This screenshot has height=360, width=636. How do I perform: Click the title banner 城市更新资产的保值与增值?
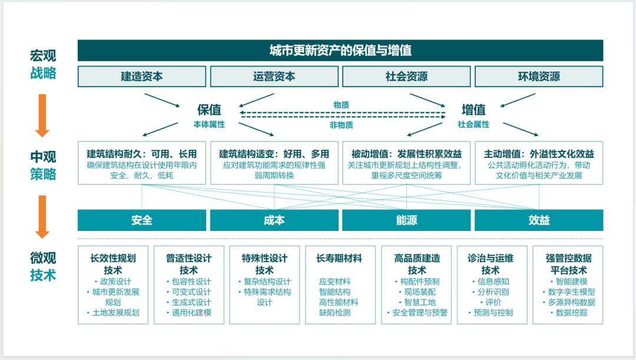(x=340, y=50)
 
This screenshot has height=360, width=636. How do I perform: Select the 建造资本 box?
(x=142, y=77)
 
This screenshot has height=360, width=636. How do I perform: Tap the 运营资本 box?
(x=274, y=77)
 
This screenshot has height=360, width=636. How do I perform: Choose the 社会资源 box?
(x=406, y=77)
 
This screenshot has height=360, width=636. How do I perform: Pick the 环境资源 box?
(x=539, y=77)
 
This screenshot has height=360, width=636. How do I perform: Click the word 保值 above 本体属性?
(x=209, y=110)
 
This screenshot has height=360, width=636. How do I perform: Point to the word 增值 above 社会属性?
(x=473, y=110)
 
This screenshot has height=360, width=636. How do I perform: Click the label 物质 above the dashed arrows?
(x=341, y=105)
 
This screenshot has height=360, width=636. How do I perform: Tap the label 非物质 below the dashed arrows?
(x=341, y=124)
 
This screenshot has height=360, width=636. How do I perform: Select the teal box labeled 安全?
(x=142, y=220)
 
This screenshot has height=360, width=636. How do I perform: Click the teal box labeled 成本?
(x=274, y=220)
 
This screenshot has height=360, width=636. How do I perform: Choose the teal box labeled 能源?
(x=406, y=220)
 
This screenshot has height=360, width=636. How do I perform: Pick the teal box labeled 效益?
(x=539, y=220)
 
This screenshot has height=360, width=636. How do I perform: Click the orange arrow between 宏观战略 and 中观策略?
(x=42, y=114)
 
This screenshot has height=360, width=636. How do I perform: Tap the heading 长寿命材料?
(x=339, y=258)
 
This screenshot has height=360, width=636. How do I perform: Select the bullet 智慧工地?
(x=417, y=302)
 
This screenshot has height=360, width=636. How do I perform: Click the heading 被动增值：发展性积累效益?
(x=406, y=154)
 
